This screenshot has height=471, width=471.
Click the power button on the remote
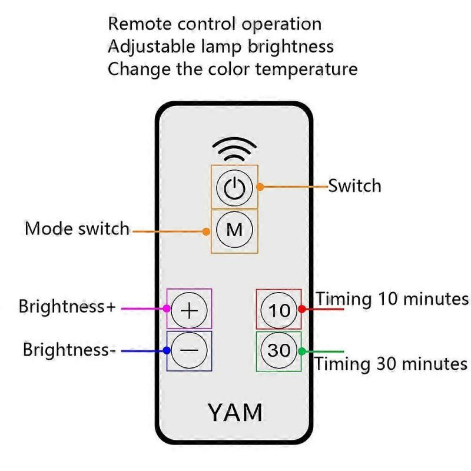pyautogui.click(x=234, y=188)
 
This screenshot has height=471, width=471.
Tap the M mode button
pyautogui.click(x=234, y=230)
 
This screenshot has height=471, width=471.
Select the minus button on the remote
pyautogui.click(x=190, y=350)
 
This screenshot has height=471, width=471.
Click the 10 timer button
pyautogui.click(x=279, y=309)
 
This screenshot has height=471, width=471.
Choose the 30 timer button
pyautogui.click(x=279, y=350)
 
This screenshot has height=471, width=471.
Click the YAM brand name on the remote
pyautogui.click(x=235, y=412)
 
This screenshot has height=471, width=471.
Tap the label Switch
pyautogui.click(x=354, y=186)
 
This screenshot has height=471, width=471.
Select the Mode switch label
pyautogui.click(x=77, y=228)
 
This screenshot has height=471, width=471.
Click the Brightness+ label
pyautogui.click(x=67, y=307)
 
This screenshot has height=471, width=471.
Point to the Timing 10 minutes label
pyautogui.click(x=393, y=298)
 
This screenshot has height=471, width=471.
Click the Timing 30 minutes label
pyautogui.click(x=390, y=363)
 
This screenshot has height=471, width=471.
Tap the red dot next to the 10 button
pyautogui.click(x=302, y=309)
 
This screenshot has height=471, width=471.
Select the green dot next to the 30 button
pyautogui.click(x=302, y=351)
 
